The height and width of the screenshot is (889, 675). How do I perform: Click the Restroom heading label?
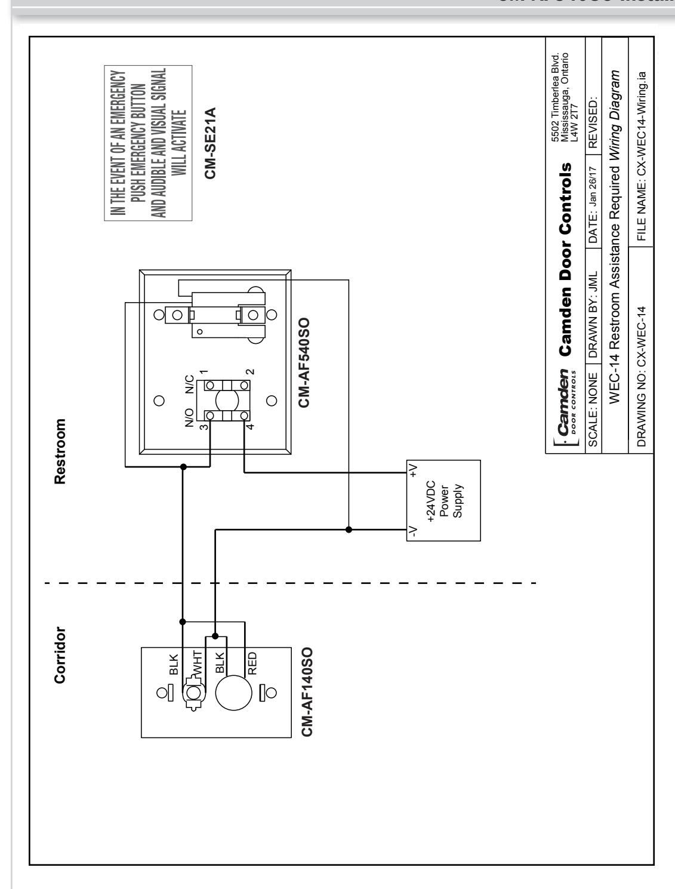point(60,451)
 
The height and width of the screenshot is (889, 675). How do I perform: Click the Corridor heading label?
point(60,656)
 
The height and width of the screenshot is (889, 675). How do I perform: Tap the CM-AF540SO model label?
point(304,362)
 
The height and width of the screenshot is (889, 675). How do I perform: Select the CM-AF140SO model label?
point(307,692)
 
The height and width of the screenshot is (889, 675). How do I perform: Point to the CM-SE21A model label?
point(211,143)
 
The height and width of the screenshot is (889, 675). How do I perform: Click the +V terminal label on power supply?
point(413,470)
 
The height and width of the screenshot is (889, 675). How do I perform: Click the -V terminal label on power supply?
point(413,531)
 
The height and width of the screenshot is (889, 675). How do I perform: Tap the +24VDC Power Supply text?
point(444,501)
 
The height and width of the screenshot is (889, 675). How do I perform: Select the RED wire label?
point(252,663)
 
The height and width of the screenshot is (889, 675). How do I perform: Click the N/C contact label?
point(189,384)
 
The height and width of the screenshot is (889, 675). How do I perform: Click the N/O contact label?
point(189,417)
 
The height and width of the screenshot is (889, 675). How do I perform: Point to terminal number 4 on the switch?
point(250,426)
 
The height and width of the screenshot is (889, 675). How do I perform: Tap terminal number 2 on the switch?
point(250,371)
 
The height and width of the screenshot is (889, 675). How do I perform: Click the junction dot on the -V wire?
point(349,530)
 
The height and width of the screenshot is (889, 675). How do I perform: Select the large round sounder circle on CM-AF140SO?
point(233,693)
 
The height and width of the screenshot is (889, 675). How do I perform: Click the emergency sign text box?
point(148,143)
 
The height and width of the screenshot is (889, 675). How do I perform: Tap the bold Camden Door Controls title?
point(565,260)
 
